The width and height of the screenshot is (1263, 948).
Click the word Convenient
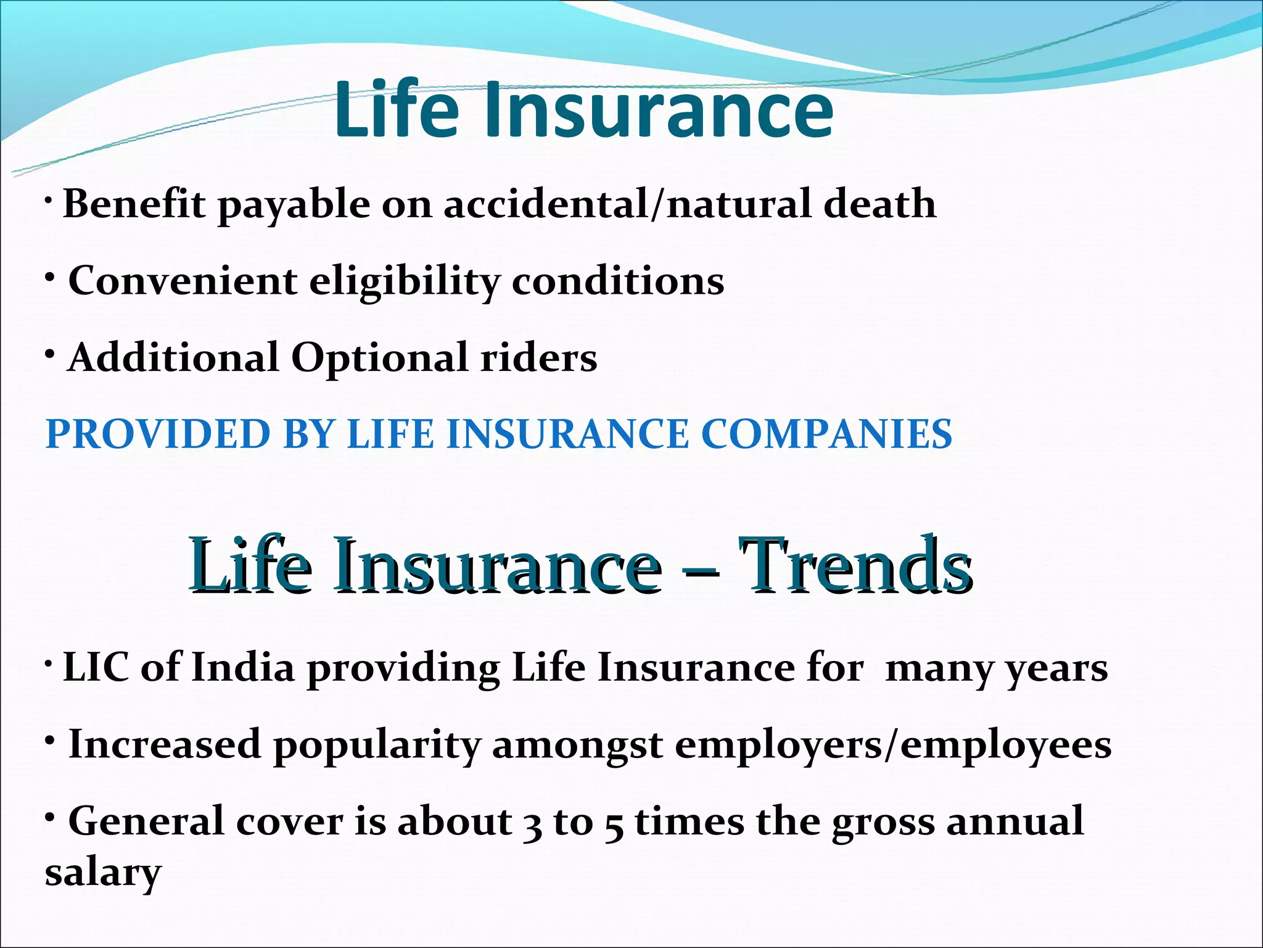183,281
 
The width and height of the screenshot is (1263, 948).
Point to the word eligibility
404,281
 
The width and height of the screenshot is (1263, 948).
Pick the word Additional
173,357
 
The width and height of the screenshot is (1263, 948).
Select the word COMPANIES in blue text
826,433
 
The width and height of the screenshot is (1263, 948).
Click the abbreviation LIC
96,668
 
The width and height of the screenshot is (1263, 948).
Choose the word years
1056,669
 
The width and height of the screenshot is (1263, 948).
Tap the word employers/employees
892,745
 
